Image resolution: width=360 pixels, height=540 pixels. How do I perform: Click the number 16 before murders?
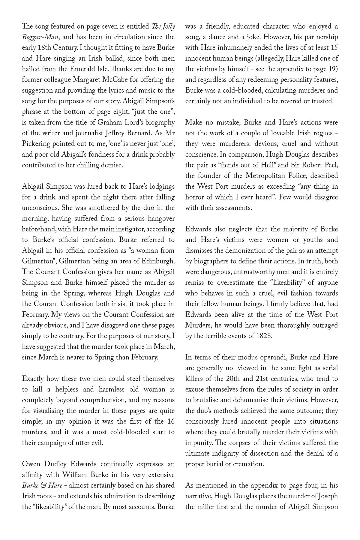[171, 421]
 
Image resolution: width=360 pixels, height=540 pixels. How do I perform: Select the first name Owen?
[31, 464]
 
